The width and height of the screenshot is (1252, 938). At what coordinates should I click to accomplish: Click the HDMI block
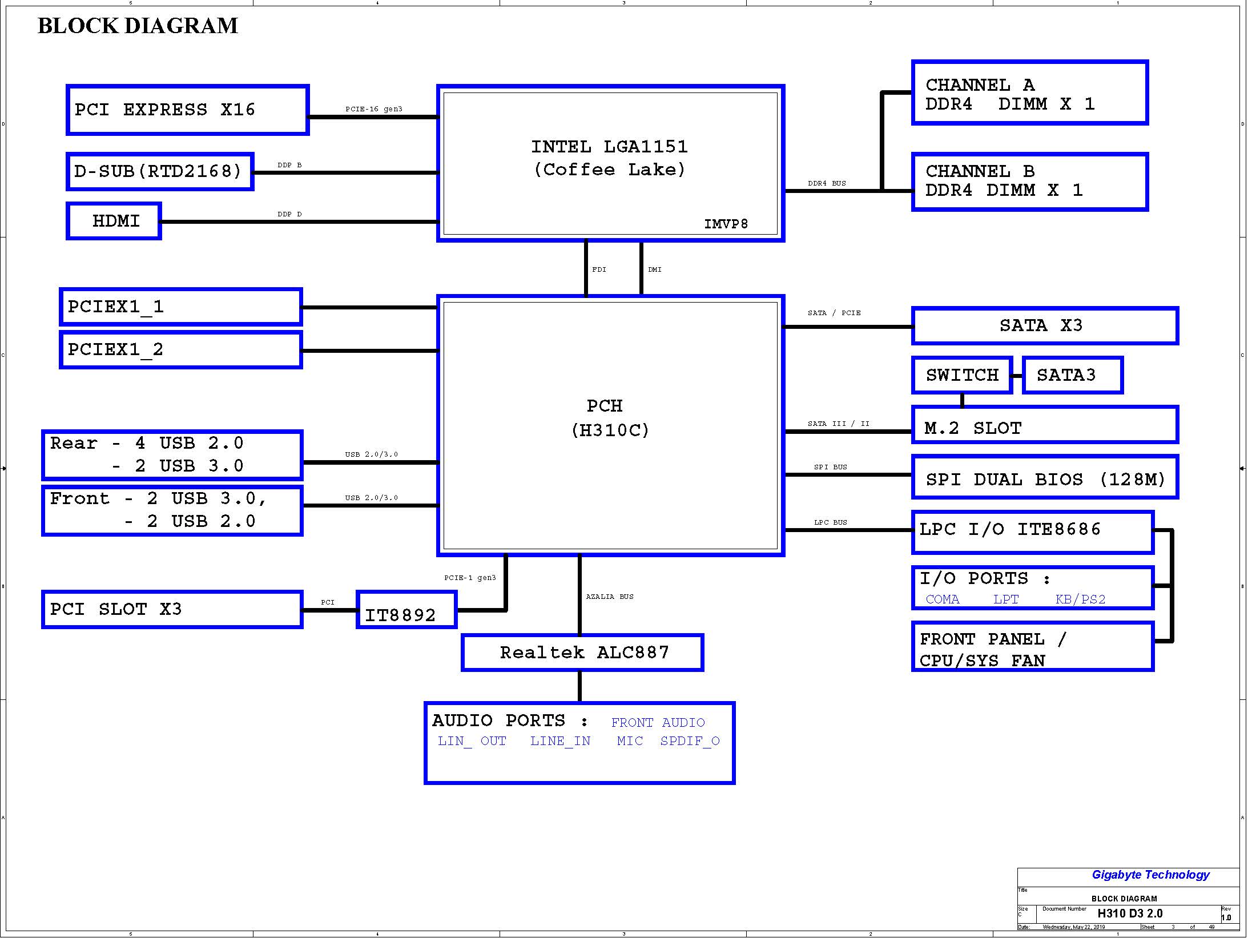pos(114,221)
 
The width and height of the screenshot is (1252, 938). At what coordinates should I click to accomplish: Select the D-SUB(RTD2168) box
pos(160,171)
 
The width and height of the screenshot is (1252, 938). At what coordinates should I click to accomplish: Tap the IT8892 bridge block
pos(406,610)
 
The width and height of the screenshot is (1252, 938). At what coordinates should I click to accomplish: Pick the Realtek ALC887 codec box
pos(582,653)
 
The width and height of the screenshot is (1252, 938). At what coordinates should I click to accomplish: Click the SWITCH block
pos(962,375)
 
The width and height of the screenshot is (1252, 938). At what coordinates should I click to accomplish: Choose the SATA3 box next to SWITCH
pos(1073,375)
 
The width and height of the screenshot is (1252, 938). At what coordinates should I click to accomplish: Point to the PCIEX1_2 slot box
pos(181,350)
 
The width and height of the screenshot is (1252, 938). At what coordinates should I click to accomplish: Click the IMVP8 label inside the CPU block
pos(726,224)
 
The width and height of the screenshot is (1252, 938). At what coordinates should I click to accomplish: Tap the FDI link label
pos(599,269)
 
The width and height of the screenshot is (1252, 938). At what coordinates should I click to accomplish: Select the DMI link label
pos(655,269)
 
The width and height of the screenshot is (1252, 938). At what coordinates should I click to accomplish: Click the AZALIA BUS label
pos(610,597)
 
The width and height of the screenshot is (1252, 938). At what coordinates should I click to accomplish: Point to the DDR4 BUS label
pos(827,183)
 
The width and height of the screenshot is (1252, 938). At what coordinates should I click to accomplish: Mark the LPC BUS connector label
pos(831,522)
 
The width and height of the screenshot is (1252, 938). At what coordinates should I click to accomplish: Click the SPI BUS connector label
pos(831,467)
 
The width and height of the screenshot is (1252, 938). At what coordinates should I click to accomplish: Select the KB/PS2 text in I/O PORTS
pos(1080,599)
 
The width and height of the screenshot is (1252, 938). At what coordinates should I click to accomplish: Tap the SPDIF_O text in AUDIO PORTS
pos(690,741)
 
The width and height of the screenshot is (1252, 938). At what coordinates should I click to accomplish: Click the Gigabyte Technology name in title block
pos(1150,875)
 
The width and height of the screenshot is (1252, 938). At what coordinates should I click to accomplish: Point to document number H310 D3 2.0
pos(1130,913)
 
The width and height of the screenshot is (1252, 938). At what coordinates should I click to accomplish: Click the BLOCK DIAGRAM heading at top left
pos(138,26)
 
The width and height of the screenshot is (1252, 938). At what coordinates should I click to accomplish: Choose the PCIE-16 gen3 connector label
pos(374,109)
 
